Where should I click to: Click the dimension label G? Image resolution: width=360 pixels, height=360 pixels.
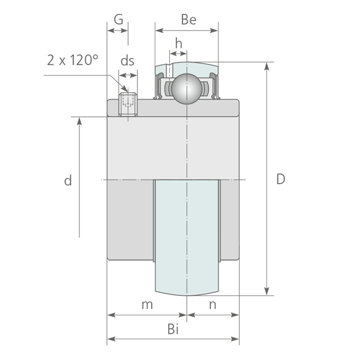tap(118, 20)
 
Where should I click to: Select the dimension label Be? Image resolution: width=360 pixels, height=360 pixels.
tap(189, 20)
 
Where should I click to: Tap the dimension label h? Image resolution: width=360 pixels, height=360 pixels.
tap(178, 43)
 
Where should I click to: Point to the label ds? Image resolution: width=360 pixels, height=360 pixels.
tap(128, 61)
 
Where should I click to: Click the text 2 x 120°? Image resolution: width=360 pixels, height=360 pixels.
tap(72, 60)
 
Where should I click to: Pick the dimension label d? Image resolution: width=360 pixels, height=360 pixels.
tap(67, 181)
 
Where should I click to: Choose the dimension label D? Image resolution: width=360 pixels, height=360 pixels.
tap(280, 179)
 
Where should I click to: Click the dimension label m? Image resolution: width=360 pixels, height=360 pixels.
tap(147, 304)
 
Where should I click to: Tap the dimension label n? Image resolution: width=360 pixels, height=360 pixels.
tap(212, 304)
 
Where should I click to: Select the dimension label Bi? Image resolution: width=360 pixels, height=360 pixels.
tap(173, 330)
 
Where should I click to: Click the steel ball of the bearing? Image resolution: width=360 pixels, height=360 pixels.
tap(186, 88)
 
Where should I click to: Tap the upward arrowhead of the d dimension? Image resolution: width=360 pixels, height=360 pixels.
tap(80, 121)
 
